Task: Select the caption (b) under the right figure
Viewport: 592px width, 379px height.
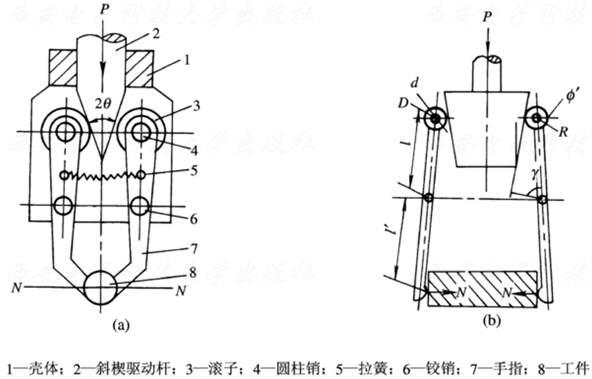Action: click(x=492, y=323)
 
